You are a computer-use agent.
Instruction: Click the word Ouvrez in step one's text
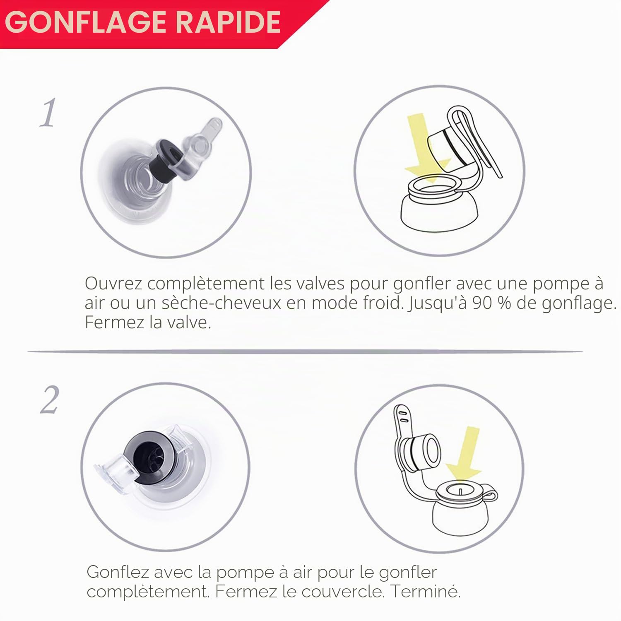coord(113,284)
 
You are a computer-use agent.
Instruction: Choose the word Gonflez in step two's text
coord(118,572)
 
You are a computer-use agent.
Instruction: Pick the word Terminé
coord(426,591)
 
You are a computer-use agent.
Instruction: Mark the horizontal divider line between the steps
coord(305,352)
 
